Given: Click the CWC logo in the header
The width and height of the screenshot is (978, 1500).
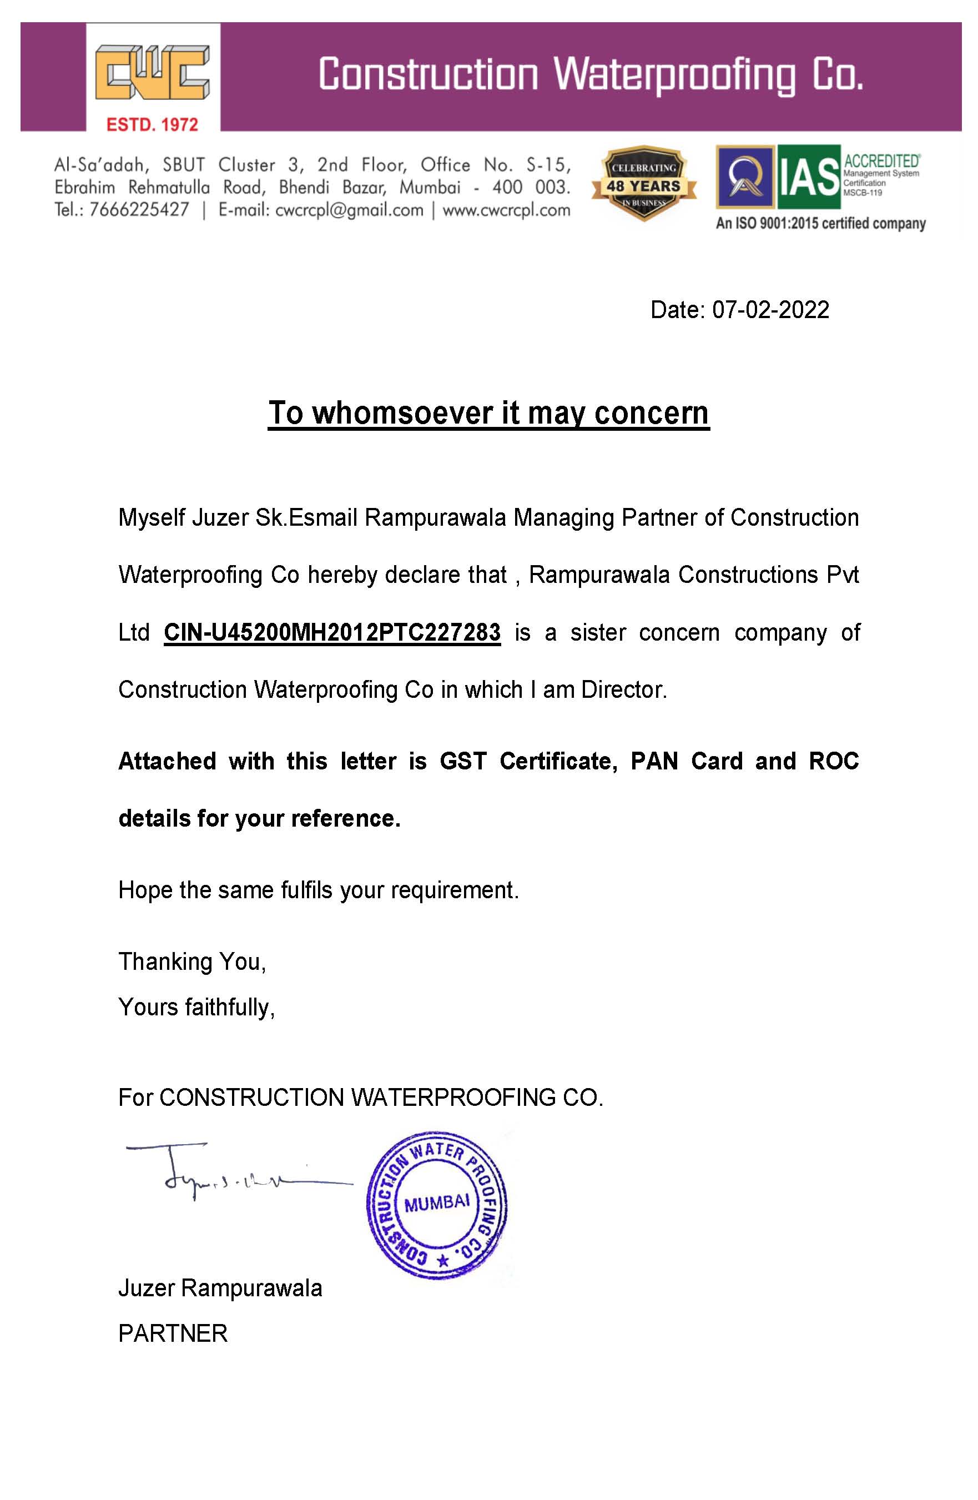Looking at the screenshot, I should [x=153, y=73].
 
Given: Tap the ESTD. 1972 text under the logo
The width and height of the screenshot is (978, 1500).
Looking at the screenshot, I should [x=153, y=124].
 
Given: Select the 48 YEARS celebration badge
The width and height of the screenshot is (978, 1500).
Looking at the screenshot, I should [x=643, y=185].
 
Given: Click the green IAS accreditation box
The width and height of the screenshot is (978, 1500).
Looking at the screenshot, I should [x=809, y=177].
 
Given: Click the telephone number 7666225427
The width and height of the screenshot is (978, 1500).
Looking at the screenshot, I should [x=139, y=210].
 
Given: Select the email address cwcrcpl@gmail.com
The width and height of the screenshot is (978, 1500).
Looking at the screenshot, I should [x=349, y=210].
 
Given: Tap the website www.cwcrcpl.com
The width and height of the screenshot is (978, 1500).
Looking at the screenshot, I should [x=506, y=210].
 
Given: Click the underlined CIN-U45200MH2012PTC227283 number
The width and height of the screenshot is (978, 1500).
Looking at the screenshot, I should [x=332, y=632].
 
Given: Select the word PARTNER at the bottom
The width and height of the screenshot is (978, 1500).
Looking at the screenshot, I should [x=173, y=1333].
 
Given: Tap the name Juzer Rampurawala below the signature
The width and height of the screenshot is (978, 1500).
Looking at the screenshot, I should [x=220, y=1288].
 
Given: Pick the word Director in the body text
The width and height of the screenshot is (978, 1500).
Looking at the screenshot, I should [x=623, y=690].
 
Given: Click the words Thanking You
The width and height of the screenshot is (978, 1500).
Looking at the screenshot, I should [x=191, y=962].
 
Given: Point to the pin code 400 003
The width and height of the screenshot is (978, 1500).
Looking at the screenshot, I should [x=531, y=187].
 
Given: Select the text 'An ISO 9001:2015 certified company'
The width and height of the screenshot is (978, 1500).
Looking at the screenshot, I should [x=820, y=224].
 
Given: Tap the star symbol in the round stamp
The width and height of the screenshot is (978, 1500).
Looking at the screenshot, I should [x=443, y=1261].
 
